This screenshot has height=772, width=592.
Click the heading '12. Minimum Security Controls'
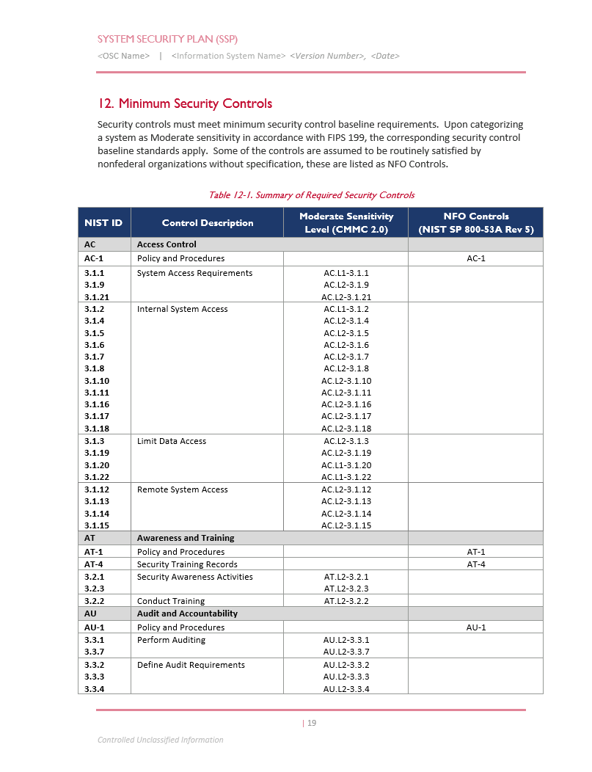point(185,103)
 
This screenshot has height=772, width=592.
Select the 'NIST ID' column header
point(103,223)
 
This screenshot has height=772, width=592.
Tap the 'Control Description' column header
point(208,223)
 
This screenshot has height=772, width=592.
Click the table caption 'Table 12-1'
point(311,195)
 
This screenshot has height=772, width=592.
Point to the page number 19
point(311,724)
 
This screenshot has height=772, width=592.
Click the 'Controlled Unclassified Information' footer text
point(160,740)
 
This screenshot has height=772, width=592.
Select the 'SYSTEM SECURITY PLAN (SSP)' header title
point(167,39)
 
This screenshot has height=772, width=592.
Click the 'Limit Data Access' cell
point(172,441)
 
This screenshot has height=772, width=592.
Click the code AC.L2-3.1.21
point(346,297)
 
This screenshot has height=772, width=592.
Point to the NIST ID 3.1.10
point(97,381)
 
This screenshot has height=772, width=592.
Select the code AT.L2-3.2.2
point(346,601)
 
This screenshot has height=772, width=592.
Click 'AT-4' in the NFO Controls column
point(476,564)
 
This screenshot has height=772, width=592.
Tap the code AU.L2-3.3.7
point(346,652)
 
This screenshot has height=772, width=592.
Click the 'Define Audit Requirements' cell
point(191,665)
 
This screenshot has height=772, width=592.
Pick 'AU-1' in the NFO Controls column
point(476,627)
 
